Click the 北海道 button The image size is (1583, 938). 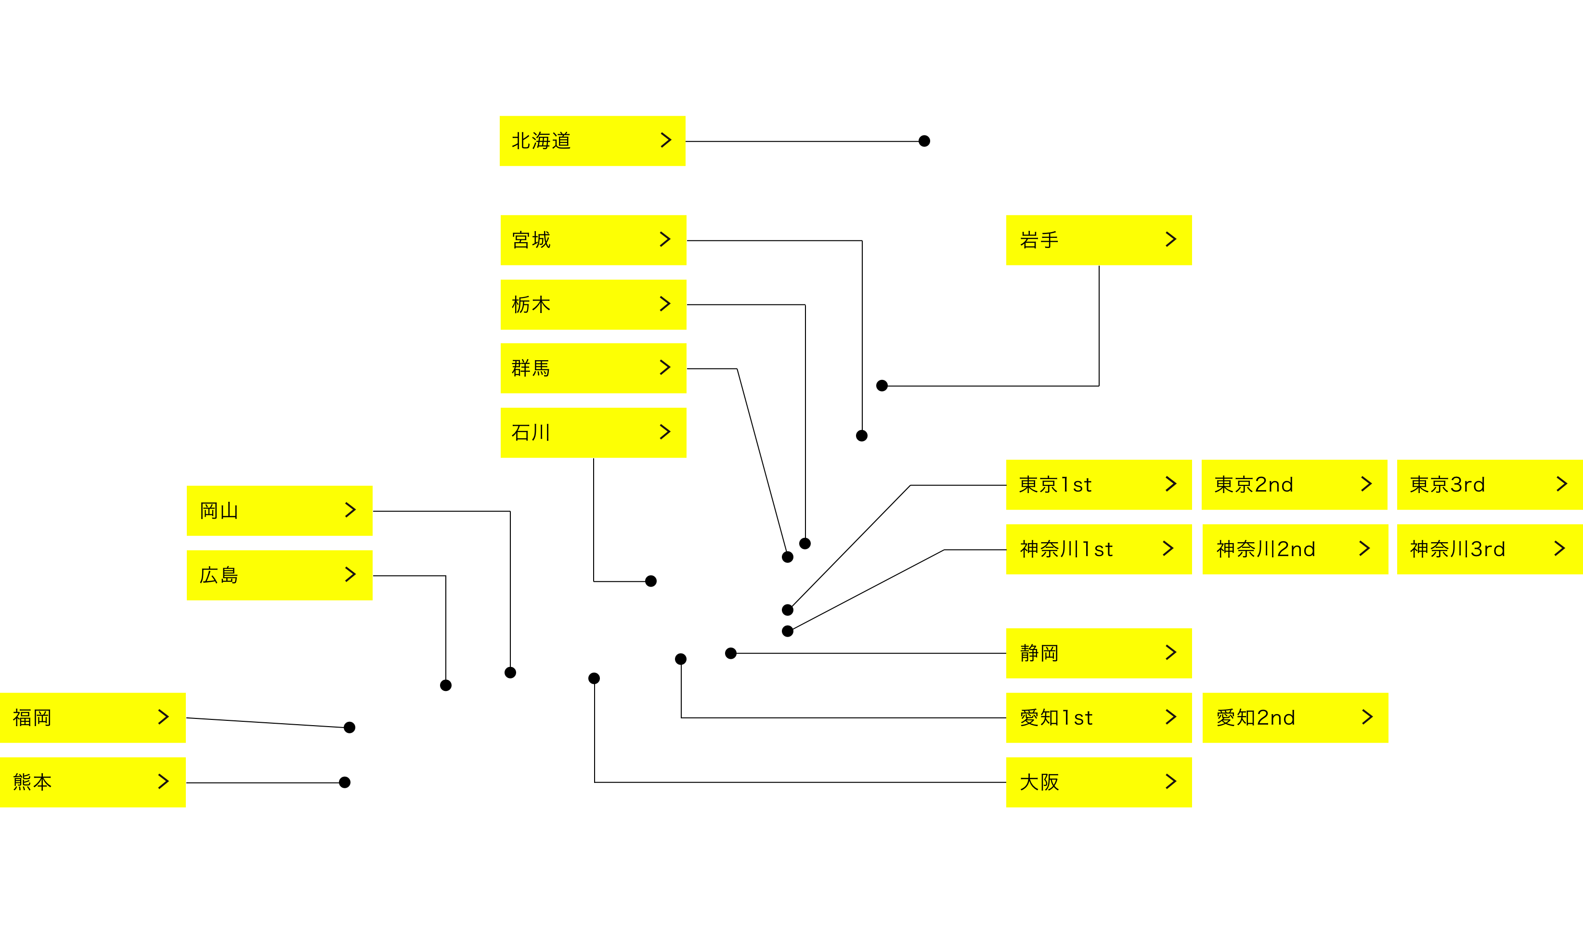click(x=592, y=140)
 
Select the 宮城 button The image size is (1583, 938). click(x=593, y=240)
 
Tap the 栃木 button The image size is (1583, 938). click(x=593, y=304)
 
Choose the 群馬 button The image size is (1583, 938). click(x=593, y=368)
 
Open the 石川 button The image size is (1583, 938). click(x=593, y=432)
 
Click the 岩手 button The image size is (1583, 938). click(x=1098, y=240)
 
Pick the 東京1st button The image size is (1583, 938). click(x=1098, y=484)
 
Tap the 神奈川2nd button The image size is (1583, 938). click(x=1294, y=548)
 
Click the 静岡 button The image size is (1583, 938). click(x=1098, y=653)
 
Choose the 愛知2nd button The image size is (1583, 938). click(x=1294, y=717)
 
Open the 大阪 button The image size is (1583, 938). click(x=1098, y=782)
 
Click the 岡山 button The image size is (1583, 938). click(x=279, y=510)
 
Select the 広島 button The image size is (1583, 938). click(x=279, y=574)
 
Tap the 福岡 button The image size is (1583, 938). click(x=92, y=717)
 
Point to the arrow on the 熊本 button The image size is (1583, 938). click(x=163, y=782)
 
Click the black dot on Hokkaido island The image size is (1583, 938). click(x=924, y=141)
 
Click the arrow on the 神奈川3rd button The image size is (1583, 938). click(x=1559, y=548)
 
